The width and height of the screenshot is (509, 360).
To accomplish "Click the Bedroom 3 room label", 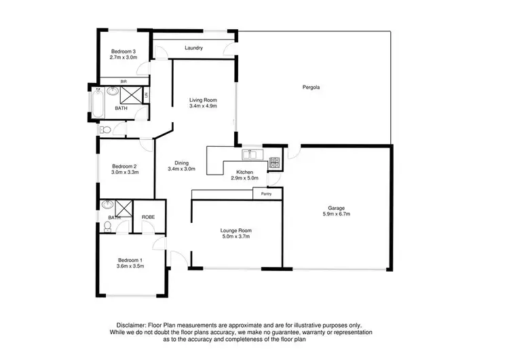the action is point(124,51).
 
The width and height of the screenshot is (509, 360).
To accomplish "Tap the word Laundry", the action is point(195,48).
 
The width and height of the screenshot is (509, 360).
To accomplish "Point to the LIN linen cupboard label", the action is point(145,95).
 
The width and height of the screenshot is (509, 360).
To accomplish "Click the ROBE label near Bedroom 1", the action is point(148,217).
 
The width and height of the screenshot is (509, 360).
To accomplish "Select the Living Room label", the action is point(203,101).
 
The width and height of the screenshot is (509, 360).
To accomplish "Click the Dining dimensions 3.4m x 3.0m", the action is point(181,169).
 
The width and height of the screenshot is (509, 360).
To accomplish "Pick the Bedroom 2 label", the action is point(124,166).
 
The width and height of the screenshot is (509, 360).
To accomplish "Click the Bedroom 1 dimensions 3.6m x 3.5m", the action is point(130,267).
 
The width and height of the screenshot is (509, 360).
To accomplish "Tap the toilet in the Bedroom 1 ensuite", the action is point(108,227).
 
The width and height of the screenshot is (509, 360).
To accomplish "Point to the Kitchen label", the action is point(244,173).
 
